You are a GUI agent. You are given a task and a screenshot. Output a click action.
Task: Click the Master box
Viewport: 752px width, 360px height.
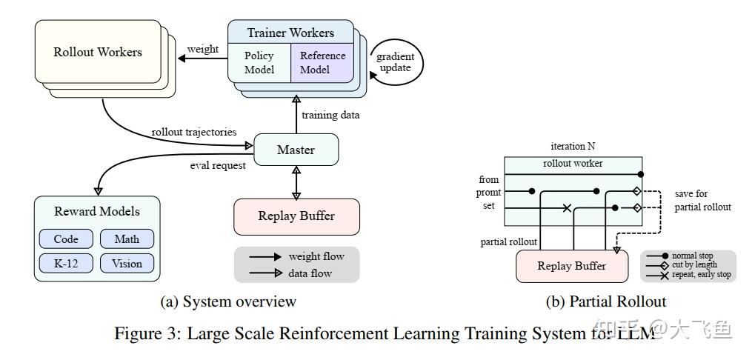pos(296,150)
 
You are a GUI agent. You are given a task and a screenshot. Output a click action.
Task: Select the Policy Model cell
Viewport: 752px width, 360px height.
pos(259,63)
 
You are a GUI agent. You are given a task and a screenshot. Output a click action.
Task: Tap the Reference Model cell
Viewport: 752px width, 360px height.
pos(322,63)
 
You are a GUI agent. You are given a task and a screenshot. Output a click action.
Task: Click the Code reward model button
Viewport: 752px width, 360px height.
pos(65,239)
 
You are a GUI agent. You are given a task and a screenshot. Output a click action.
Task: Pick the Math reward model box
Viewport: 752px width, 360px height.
pos(127,239)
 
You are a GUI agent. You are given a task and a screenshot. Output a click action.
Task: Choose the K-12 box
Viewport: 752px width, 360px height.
pos(65,263)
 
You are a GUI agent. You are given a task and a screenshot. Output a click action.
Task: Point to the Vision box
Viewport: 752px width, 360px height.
pos(127,263)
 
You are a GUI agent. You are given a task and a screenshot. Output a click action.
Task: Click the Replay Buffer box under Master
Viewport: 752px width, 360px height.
pos(296,216)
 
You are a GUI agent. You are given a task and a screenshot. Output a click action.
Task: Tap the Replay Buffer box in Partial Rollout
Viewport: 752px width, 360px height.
pos(571,266)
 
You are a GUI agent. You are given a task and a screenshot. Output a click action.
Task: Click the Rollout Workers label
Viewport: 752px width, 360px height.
pos(97,52)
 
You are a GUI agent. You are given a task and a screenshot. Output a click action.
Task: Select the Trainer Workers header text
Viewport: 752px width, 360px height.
pos(290,33)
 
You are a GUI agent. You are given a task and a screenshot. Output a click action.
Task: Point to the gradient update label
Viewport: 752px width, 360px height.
pos(396,63)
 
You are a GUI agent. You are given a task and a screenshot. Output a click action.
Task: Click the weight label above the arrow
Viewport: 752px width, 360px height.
pos(202,49)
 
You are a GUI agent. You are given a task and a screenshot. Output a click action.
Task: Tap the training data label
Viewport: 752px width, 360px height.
pos(330,115)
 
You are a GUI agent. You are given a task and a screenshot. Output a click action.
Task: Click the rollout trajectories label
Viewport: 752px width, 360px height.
pos(194,132)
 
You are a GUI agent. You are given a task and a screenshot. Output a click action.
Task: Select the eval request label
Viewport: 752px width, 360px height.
pos(217,165)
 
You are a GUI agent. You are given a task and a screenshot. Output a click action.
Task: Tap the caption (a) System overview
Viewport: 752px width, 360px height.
pos(228,301)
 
